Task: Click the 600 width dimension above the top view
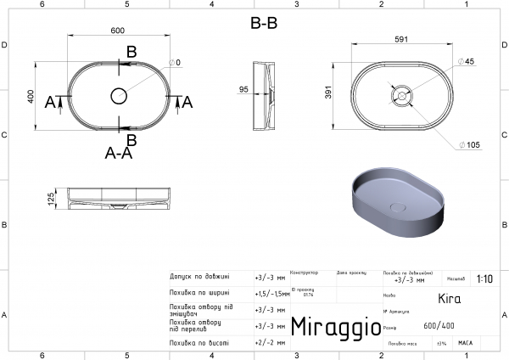117,31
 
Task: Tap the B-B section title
263,24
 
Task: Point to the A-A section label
118,154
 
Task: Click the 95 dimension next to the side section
243,90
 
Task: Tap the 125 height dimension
51,199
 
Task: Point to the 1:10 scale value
484,278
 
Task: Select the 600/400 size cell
438,325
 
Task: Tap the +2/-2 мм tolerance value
270,342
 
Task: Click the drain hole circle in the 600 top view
118,95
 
